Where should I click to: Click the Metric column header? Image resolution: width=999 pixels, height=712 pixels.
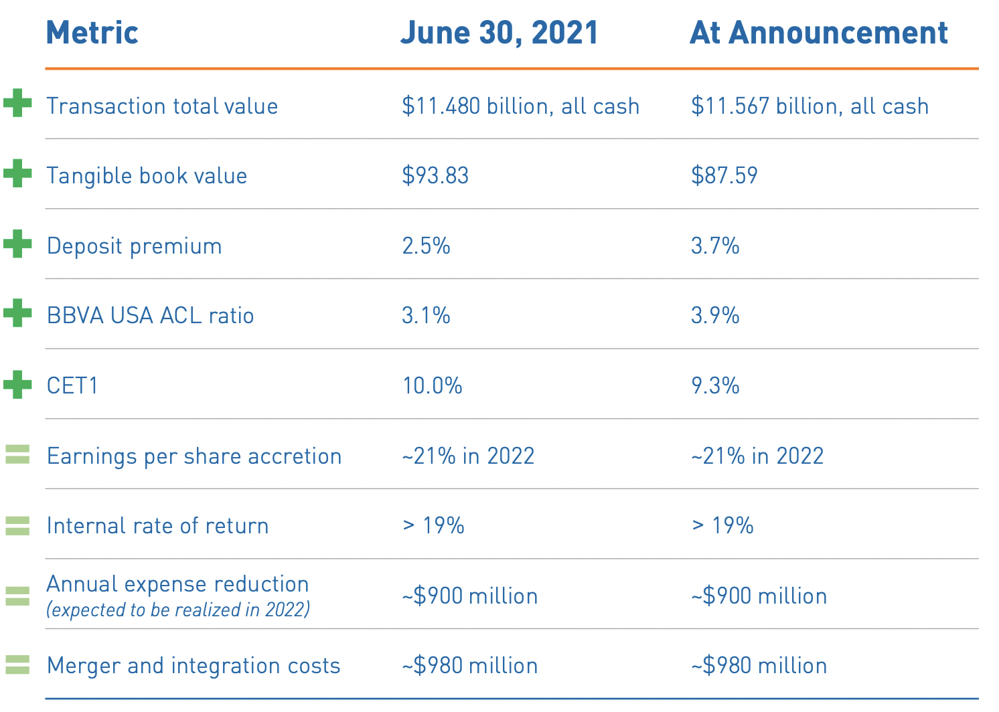[92, 33]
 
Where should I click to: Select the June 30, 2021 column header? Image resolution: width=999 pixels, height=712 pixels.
[499, 33]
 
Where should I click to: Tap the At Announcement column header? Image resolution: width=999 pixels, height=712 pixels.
[818, 33]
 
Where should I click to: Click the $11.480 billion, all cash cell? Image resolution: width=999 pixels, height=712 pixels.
[520, 106]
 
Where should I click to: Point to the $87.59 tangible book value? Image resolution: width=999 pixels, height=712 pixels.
[724, 176]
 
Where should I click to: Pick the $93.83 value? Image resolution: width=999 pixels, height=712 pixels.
[435, 176]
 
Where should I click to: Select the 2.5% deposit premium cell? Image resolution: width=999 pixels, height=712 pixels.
[426, 246]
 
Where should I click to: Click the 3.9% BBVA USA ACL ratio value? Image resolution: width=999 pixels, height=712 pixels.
[715, 316]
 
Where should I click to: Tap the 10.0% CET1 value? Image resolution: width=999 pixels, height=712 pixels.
[432, 386]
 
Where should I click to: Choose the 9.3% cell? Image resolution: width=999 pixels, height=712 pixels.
[715, 386]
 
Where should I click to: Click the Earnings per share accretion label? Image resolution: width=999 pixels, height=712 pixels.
[194, 456]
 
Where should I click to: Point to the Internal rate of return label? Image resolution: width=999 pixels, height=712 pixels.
[157, 526]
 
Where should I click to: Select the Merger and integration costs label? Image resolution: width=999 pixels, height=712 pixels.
[194, 666]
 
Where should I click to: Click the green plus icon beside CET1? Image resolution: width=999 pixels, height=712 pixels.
[17, 385]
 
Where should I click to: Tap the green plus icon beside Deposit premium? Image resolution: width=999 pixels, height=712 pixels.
[17, 244]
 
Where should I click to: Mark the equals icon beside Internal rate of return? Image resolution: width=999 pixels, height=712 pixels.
[17, 526]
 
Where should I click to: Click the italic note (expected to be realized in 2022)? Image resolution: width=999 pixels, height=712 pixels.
[177, 610]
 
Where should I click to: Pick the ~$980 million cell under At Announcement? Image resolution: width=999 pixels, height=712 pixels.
[759, 666]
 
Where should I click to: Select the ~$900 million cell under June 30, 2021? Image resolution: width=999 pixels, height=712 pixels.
[469, 596]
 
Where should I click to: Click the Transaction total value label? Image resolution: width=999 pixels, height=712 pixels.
[162, 106]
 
